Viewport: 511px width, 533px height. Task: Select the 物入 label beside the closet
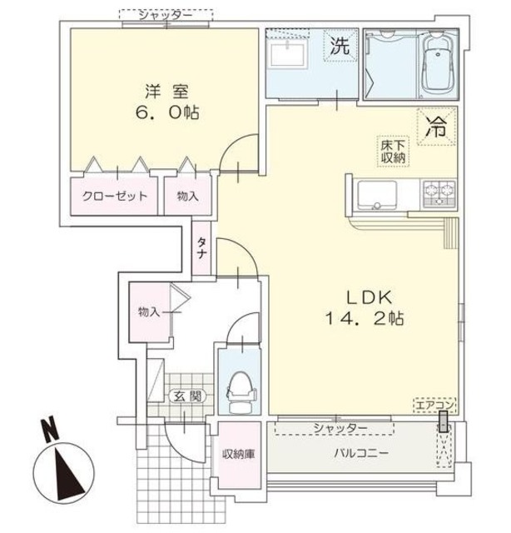tap(188, 197)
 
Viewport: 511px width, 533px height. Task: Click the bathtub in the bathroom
tap(438, 65)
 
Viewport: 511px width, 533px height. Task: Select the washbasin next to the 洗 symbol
tap(291, 57)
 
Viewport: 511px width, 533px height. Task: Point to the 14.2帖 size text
tap(364, 319)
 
